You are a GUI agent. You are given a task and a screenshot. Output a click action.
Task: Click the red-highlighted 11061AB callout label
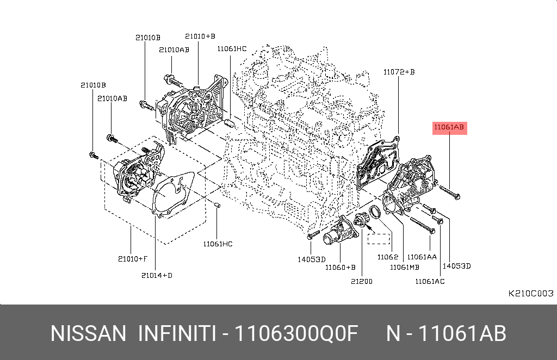pyautogui.click(x=449, y=127)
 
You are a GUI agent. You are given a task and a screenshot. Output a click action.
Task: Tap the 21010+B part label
pyautogui.click(x=200, y=36)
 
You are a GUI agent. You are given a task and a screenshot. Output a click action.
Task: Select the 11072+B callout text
pyautogui.click(x=399, y=72)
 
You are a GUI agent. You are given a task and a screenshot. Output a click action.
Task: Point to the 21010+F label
pyautogui.click(x=133, y=259)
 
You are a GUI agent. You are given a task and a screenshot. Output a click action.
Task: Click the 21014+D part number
pyautogui.click(x=157, y=276)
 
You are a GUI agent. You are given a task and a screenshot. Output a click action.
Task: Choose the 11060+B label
pyautogui.click(x=341, y=268)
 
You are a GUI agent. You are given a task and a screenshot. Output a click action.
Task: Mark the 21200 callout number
pyautogui.click(x=362, y=282)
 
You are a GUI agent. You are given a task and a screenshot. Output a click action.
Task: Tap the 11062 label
pyautogui.click(x=387, y=257)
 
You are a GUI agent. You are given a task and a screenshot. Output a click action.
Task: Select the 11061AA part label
pyautogui.click(x=422, y=257)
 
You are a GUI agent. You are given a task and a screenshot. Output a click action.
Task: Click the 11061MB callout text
pyautogui.click(x=405, y=268)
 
